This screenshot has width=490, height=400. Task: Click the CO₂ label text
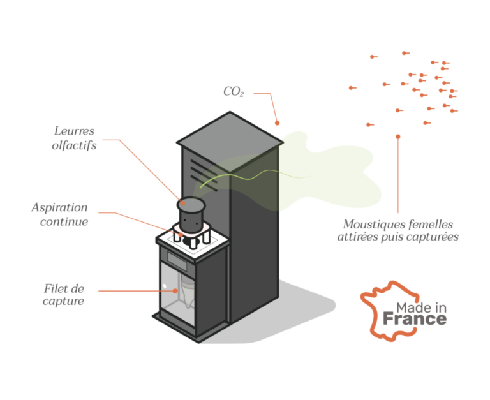pos(234,93)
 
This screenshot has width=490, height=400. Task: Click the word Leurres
pos(74,131)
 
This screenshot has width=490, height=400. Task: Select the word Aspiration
pos(59,208)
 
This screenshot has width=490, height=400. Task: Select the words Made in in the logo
pos(421,307)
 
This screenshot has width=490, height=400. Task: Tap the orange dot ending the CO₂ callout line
pos(278,121)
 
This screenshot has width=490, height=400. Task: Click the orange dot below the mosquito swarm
pos(398,136)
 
